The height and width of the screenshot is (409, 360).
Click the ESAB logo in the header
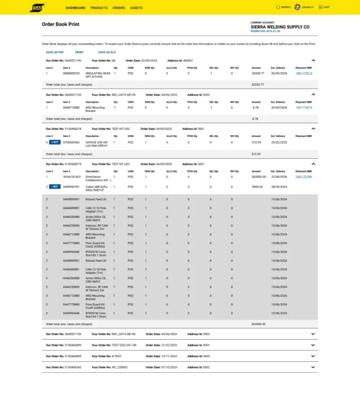37,8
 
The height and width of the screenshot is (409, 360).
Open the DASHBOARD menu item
76,8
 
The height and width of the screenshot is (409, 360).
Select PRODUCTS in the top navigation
99,8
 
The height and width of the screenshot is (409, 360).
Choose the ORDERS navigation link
118,8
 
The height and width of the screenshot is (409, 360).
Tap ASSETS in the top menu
136,8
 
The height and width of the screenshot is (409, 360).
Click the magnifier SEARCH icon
278,7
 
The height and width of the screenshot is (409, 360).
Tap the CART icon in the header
320,7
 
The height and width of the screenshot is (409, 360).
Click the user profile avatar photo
298,7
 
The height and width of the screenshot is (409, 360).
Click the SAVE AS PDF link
55,52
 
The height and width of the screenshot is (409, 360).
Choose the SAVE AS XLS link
107,52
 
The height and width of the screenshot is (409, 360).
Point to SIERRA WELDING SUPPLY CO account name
280,27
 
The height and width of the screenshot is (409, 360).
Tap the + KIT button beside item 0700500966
55,142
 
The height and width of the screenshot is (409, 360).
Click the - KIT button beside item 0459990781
55,187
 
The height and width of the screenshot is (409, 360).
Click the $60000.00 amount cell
259,176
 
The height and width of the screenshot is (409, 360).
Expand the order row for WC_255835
313,367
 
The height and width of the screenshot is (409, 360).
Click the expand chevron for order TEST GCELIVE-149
313,345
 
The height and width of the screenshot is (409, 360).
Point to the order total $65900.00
258,324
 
